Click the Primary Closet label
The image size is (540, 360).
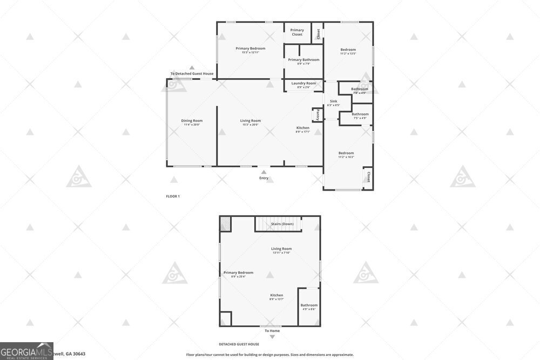pos(297,32)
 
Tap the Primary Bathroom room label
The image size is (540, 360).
pos(303,61)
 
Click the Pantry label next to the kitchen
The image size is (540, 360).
pos(318,114)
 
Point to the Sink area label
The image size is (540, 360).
pos(334,103)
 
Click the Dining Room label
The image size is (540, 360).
pos(192,122)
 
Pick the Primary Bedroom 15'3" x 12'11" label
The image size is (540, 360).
pos(250,50)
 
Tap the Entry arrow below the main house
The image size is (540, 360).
pos(264,172)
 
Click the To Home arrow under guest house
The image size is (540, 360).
pos(272,337)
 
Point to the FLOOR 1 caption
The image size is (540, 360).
pos(173,196)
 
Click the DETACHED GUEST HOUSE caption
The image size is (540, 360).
pos(239,344)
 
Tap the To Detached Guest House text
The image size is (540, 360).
pos(192,74)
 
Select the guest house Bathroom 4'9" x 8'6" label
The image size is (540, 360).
pos(309,307)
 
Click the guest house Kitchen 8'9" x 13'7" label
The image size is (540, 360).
pos(277,297)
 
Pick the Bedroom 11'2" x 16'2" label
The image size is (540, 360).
pos(346,154)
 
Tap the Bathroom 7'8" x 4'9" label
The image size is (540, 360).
pos(360,90)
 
